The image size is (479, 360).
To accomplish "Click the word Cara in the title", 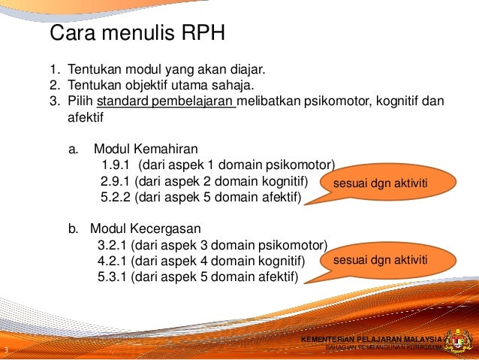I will [x=72, y=35].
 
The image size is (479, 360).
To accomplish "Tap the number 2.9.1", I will [x=116, y=182].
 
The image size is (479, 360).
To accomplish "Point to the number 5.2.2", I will [x=116, y=198].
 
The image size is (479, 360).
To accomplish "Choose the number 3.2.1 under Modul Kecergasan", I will [x=113, y=245].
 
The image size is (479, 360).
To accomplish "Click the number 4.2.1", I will [x=113, y=261].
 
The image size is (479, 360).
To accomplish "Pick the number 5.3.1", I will [x=113, y=277].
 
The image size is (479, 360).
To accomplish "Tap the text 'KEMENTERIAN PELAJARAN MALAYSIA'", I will [x=372, y=340].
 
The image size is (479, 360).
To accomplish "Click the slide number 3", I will [x=6, y=351].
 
